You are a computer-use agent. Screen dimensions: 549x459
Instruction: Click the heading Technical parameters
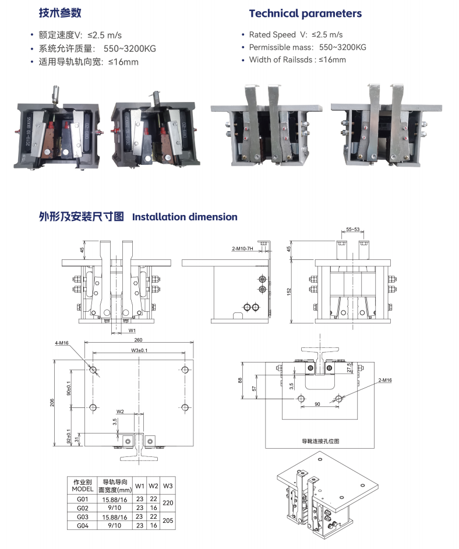(x=305, y=13)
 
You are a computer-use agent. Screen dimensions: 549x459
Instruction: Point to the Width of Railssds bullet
(x=297, y=59)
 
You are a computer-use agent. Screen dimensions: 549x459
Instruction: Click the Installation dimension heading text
(x=185, y=217)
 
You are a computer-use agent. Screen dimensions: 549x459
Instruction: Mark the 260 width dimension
(x=138, y=340)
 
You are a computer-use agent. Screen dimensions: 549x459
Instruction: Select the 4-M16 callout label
(x=62, y=343)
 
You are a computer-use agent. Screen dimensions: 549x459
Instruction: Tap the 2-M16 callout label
(x=386, y=380)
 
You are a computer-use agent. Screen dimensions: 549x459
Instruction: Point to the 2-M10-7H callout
(x=243, y=249)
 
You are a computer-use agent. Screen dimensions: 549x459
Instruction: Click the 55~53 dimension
(x=352, y=230)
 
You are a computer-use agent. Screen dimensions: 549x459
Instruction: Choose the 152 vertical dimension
(x=289, y=291)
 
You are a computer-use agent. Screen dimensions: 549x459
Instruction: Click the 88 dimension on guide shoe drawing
(x=240, y=380)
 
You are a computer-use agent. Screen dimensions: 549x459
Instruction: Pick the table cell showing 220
(x=168, y=504)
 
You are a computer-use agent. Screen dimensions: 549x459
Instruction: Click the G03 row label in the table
(x=82, y=517)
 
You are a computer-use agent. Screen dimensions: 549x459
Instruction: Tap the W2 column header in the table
(x=153, y=485)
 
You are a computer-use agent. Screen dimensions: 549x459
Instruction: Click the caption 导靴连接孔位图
(x=320, y=441)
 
